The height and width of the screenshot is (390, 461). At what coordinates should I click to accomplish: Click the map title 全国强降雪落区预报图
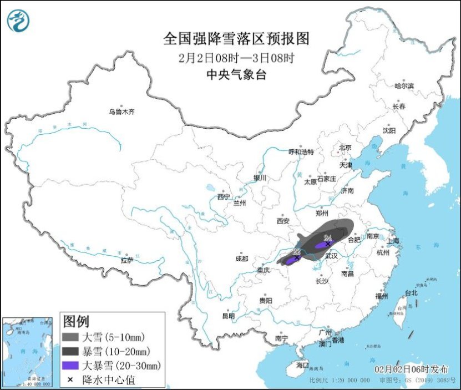[x=236, y=39]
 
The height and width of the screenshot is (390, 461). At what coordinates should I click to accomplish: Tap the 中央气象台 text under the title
[x=236, y=75]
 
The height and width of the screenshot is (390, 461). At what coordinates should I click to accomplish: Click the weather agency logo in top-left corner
[x=18, y=21]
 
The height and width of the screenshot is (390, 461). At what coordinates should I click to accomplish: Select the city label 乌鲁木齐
[x=121, y=112]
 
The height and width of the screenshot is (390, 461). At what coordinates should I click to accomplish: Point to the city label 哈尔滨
[x=404, y=85]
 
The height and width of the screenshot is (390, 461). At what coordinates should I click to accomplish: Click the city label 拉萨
[x=127, y=260]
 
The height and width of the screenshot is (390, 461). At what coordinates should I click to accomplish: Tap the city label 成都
[x=241, y=259]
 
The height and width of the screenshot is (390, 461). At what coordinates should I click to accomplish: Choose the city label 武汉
[x=331, y=256]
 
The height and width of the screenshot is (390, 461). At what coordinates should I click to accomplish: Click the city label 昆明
[x=228, y=316]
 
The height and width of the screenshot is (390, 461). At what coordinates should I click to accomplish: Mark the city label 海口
[x=302, y=366]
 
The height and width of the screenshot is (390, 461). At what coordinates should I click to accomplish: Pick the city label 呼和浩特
[x=301, y=151]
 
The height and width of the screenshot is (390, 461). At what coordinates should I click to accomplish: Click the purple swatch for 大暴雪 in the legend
[x=71, y=366]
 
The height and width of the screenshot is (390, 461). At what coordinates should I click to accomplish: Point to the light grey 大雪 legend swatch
[x=71, y=337]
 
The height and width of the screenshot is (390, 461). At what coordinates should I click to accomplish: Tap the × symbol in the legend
[x=71, y=380]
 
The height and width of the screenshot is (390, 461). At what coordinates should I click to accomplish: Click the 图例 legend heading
[x=76, y=321]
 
